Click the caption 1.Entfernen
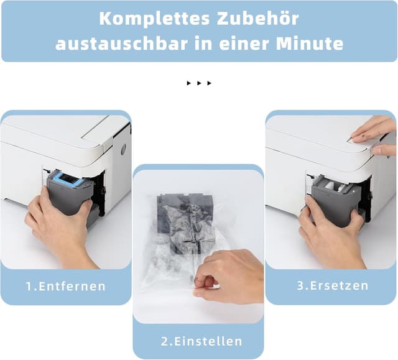(65, 287)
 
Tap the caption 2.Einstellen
(198, 341)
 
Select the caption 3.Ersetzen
(331, 286)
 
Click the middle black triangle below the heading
(199, 83)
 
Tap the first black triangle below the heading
(188, 83)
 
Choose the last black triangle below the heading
(210, 83)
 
